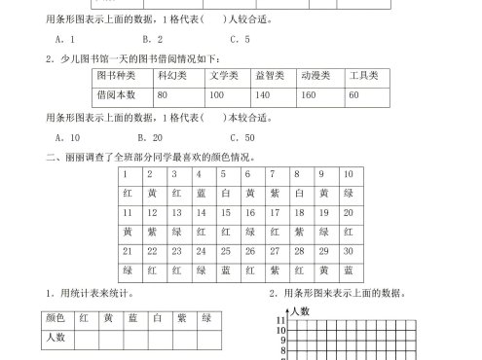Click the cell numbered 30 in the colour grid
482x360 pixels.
click(x=348, y=252)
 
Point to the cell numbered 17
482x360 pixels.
click(x=274, y=212)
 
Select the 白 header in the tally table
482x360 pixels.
click(x=156, y=318)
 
